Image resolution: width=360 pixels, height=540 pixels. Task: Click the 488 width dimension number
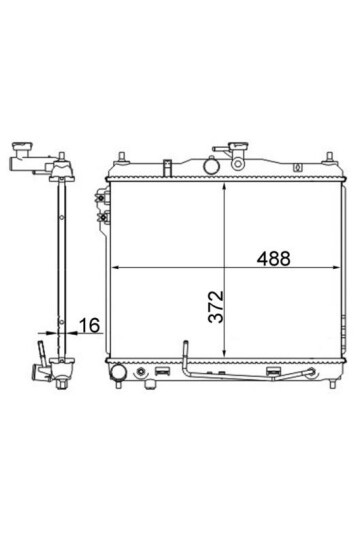pos(274,258)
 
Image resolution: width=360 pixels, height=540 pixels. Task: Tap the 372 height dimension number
pos(216,307)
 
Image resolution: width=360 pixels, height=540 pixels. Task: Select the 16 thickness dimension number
pos(90,325)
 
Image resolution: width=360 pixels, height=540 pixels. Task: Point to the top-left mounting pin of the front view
pos(122,157)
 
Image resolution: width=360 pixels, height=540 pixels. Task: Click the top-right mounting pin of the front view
pos(330,157)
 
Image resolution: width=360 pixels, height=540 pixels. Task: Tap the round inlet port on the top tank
pos(211,166)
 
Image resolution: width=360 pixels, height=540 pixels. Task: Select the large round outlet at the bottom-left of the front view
pos(118,372)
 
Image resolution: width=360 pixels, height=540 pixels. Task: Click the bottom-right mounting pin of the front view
pos(332,384)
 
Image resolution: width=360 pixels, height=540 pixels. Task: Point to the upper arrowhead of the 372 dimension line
pos(224,187)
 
